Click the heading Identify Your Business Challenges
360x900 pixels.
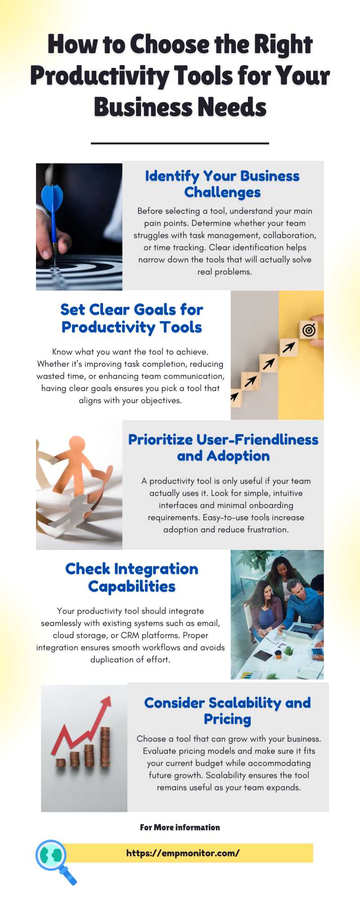pos(222,184)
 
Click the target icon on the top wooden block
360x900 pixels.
pos(308,330)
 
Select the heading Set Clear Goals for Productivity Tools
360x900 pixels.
pos(132,318)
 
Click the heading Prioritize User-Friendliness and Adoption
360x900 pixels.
pos(223,448)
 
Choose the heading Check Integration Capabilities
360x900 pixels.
pos(132,577)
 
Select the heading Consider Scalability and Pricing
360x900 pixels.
pos(227,711)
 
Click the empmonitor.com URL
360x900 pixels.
pos(183,853)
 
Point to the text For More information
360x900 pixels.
pos(180,827)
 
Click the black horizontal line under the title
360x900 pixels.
pos(180,143)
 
